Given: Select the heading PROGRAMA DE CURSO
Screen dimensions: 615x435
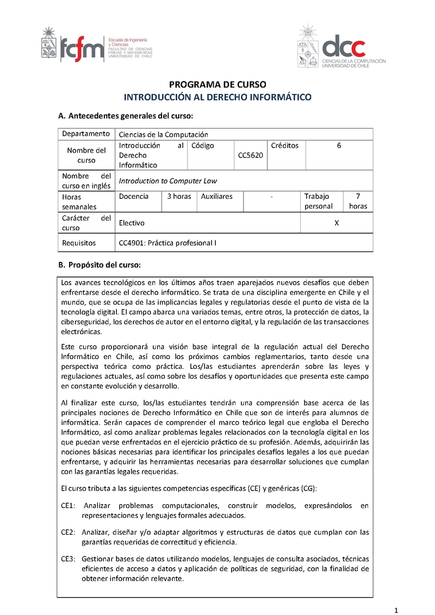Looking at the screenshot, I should [217, 85].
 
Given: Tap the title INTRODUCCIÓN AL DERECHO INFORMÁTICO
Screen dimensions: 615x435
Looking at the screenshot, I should [217, 98].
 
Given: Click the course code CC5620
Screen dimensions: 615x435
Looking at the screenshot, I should [250, 155].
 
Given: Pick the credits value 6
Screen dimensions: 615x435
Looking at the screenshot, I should [339, 146].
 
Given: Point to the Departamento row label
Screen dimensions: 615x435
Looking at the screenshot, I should [86, 134].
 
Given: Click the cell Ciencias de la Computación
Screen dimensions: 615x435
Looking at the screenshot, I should [163, 135].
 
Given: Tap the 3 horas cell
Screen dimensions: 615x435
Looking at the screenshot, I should [179, 196].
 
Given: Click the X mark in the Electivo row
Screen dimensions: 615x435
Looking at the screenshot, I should [337, 223].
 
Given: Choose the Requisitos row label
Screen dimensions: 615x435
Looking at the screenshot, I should [79, 243].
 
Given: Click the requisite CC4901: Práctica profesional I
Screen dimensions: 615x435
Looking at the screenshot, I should [167, 243].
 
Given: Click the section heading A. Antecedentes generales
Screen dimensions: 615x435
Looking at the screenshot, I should [126, 116].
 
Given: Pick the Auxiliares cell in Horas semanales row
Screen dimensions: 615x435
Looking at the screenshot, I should [216, 196].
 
